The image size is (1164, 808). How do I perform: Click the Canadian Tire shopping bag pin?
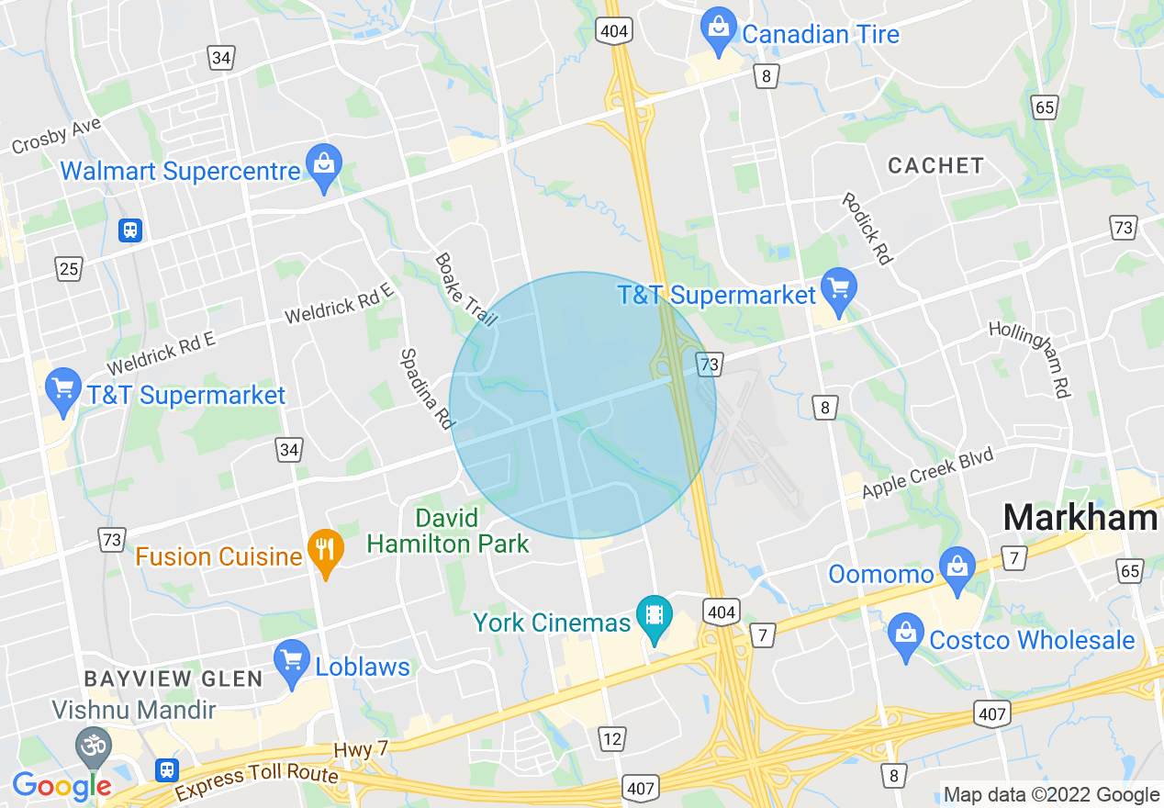point(718,29)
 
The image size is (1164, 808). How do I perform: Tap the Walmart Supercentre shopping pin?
point(323,166)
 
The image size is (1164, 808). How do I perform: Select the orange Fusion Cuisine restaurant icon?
point(324,551)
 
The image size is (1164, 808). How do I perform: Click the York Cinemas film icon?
point(654,617)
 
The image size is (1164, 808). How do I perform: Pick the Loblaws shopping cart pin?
point(292,661)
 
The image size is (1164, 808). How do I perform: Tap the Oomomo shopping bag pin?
point(957,568)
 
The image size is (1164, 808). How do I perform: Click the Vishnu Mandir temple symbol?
point(93,743)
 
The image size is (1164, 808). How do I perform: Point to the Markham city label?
point(1080,518)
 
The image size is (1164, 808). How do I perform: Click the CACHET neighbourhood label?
point(935,166)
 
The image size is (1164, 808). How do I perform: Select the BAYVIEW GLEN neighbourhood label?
point(173,679)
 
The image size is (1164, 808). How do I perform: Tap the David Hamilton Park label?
point(448,532)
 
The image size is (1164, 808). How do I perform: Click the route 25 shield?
point(68,268)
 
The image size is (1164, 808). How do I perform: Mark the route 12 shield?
point(611,736)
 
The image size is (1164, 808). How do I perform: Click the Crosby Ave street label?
point(56,136)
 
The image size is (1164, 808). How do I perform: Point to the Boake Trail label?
point(464,290)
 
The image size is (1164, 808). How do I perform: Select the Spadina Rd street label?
point(427,388)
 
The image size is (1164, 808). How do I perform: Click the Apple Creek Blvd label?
point(927,473)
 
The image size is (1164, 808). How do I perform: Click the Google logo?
point(62,785)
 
